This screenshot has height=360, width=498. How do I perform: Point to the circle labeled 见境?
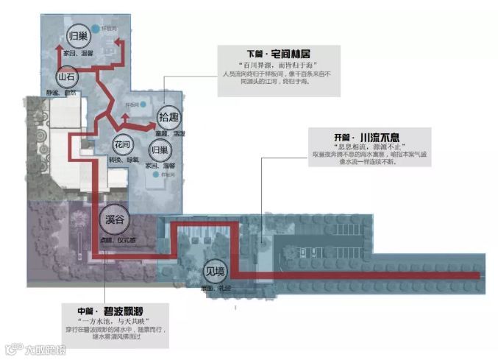(x=214, y=269)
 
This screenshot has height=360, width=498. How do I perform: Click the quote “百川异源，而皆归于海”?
(x=277, y=66)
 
